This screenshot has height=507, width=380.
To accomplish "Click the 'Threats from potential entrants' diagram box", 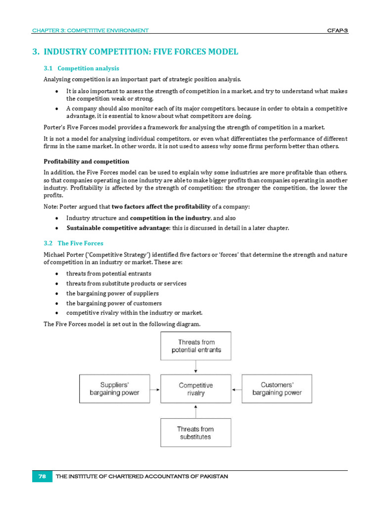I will click(x=196, y=346).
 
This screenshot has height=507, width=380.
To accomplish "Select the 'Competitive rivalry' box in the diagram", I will click(x=196, y=389).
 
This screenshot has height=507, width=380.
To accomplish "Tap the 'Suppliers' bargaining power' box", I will click(x=115, y=389).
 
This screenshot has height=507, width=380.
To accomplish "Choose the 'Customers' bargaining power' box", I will click(x=277, y=389).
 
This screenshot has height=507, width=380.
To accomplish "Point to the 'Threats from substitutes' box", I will click(x=196, y=433).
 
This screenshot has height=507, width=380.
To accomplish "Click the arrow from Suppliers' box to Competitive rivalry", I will click(x=155, y=389).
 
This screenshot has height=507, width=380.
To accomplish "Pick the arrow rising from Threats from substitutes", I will click(x=196, y=411).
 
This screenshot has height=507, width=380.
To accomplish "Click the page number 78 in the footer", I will click(x=42, y=476).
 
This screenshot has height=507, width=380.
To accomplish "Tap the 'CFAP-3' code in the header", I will click(x=337, y=31).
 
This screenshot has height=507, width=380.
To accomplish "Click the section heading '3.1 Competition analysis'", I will click(x=81, y=68).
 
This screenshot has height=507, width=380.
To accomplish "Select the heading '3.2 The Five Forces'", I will click(x=73, y=243).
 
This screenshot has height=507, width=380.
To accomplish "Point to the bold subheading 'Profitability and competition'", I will click(x=86, y=161).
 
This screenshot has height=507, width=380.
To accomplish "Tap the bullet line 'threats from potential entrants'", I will click(x=109, y=273).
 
